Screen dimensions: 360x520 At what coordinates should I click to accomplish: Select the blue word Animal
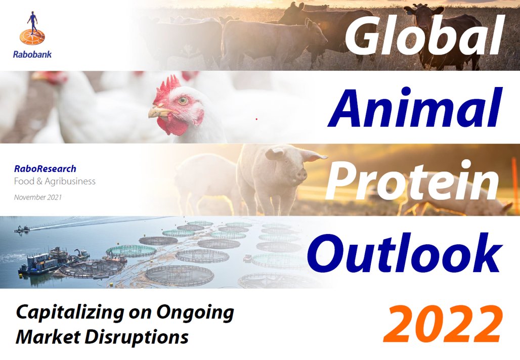415,108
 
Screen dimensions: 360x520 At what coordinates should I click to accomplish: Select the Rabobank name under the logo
32,54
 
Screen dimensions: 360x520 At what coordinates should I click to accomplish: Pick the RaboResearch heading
45,169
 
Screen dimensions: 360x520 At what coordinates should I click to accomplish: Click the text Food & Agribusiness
55,181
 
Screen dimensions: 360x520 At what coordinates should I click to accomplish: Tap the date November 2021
38,197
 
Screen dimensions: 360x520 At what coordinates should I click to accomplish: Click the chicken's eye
183,101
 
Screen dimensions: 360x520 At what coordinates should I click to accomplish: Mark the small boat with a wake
21,229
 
